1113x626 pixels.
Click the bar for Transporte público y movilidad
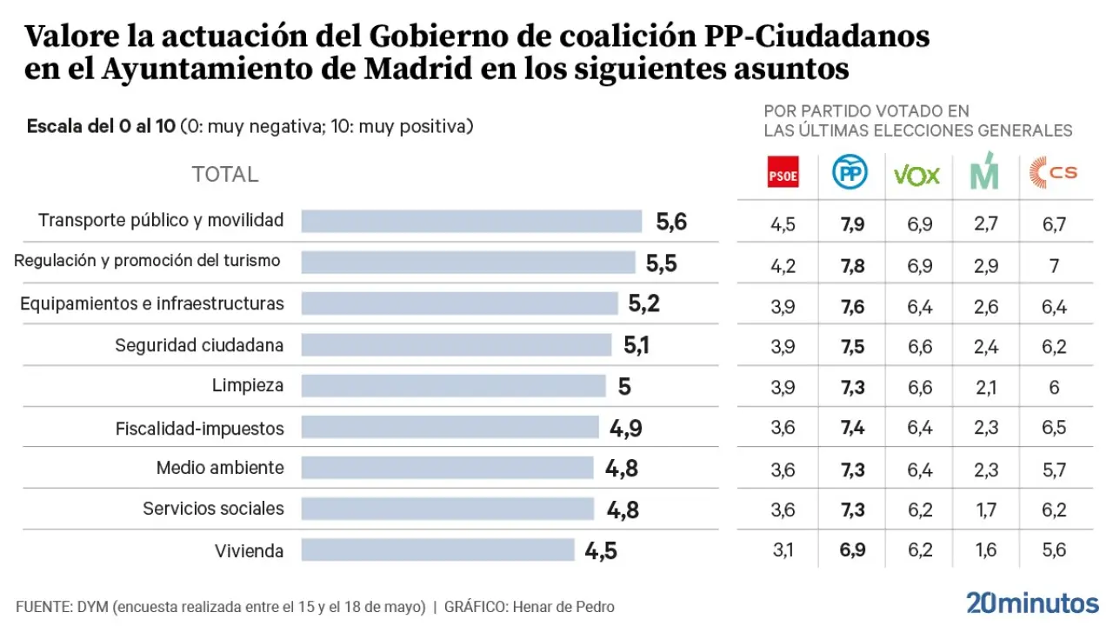(471, 221)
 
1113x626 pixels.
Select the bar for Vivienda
(437, 550)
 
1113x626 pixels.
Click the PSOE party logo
(783, 175)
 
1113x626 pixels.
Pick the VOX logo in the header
(916, 175)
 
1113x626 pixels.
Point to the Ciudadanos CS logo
(1053, 173)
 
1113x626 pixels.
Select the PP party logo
(850, 174)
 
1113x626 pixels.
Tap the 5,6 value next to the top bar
(671, 222)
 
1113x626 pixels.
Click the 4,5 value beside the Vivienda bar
(601, 551)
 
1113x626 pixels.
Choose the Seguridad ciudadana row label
(199, 345)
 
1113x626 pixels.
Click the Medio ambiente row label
(220, 468)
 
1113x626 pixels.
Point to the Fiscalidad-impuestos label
(200, 428)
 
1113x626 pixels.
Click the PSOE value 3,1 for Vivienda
(783, 550)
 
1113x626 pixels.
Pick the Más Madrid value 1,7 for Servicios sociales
(985, 509)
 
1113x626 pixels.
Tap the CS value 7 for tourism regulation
(1054, 266)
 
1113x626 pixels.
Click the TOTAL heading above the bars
(225, 174)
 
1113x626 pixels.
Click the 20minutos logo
(1032, 602)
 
